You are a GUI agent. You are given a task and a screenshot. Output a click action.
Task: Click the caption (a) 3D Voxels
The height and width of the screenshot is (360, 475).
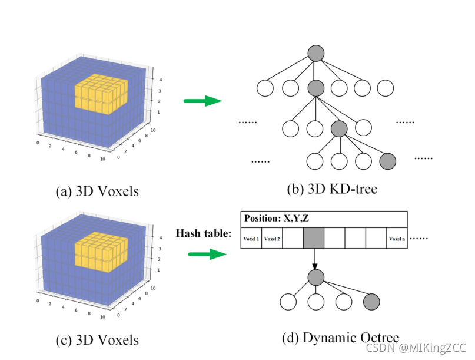(97, 191)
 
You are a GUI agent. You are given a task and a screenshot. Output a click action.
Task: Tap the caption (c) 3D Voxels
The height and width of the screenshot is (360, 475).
(97, 339)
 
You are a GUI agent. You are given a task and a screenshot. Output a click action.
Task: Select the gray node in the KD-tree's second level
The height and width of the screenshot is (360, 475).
(316, 89)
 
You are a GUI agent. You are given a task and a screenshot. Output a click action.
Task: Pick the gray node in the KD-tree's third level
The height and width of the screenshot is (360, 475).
(339, 128)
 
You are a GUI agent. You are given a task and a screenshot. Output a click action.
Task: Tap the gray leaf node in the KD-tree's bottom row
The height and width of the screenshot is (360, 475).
(387, 160)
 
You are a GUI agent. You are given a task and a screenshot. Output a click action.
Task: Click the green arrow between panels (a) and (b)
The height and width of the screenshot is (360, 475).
(202, 101)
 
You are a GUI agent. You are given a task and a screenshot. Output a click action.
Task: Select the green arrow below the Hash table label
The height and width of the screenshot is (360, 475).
(207, 255)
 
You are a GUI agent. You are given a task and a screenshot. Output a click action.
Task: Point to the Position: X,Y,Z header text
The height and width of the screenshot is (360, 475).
(277, 218)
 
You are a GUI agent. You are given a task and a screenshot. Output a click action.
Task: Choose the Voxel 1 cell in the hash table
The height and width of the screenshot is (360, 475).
(251, 239)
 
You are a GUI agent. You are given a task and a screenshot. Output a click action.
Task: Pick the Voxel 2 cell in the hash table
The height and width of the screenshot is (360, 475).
(272, 239)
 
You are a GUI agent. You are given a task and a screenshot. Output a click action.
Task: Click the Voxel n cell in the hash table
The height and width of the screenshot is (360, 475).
(396, 239)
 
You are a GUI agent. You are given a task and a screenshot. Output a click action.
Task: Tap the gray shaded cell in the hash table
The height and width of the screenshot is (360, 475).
(314, 239)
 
